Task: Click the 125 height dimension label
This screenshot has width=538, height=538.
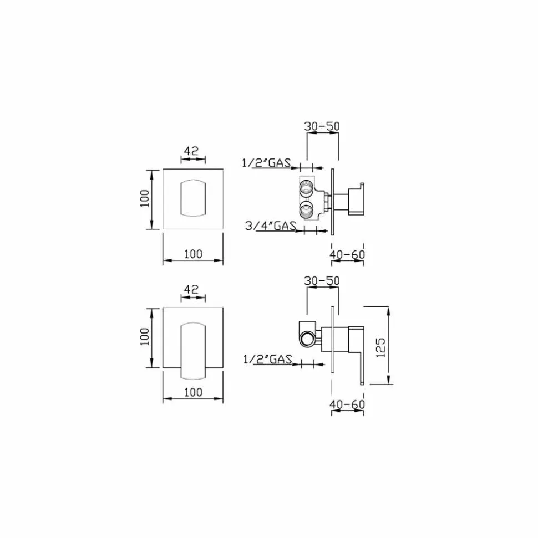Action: (x=380, y=348)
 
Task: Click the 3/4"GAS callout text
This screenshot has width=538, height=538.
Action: (x=271, y=226)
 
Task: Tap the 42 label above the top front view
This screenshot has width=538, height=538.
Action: (x=191, y=151)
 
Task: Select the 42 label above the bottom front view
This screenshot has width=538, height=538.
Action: (x=191, y=289)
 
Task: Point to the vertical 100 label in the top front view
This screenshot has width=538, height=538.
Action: (x=145, y=198)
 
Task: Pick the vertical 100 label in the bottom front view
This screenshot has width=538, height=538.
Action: (x=145, y=336)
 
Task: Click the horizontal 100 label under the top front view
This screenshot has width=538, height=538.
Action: (x=194, y=254)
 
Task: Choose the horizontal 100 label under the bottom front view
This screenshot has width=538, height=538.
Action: (x=194, y=392)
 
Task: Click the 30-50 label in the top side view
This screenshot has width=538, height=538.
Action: (x=322, y=126)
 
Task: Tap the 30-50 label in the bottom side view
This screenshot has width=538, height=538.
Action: (x=322, y=281)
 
